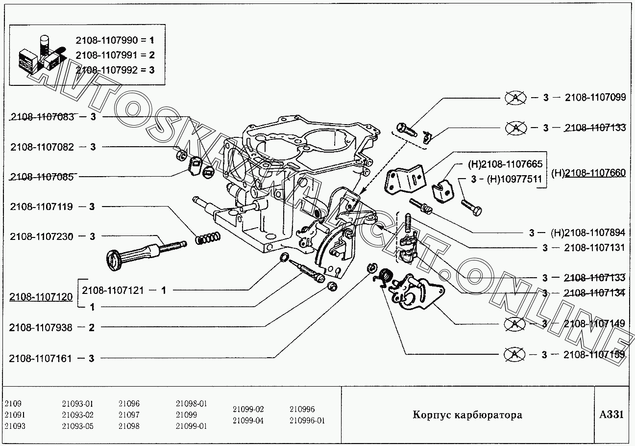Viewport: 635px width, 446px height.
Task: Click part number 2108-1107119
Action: (x=41, y=207)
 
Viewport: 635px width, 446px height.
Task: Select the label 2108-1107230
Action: (x=41, y=236)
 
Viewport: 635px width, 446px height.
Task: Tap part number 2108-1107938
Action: (x=41, y=328)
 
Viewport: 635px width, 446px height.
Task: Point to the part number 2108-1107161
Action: (x=41, y=359)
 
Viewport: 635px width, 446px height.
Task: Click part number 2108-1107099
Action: (x=595, y=97)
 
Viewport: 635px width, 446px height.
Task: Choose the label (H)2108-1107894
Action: (x=587, y=233)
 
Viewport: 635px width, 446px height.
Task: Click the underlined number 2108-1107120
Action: (x=41, y=297)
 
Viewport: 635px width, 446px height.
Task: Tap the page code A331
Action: (x=611, y=415)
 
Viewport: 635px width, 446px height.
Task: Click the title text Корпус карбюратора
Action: (x=467, y=415)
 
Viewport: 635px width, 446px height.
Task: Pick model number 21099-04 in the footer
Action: (x=248, y=420)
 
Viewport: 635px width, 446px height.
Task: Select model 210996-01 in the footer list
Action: (x=307, y=420)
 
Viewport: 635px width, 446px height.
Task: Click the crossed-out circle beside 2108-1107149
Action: (x=515, y=324)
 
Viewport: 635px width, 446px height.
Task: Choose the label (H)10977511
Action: (x=514, y=179)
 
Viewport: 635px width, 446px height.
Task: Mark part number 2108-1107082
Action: (x=41, y=147)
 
